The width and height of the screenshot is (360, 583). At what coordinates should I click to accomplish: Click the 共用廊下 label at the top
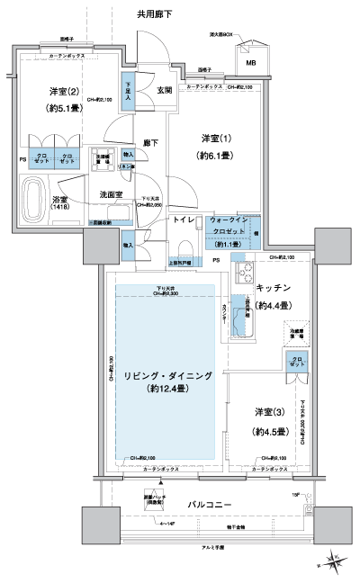click(x=156, y=15)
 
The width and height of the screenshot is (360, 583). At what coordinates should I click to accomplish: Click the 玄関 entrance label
click(x=164, y=90)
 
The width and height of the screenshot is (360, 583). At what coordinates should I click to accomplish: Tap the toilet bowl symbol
click(x=184, y=248)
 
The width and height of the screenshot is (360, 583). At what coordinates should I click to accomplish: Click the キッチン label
click(x=272, y=288)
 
